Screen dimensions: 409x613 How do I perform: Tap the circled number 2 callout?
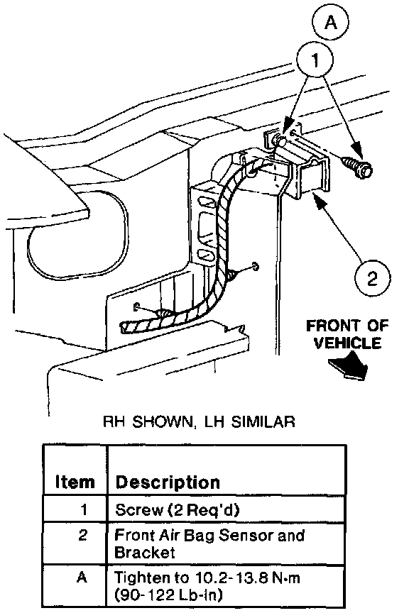[372, 278]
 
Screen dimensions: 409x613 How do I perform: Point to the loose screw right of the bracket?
[358, 167]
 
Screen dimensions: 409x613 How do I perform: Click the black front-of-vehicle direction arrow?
[349, 365]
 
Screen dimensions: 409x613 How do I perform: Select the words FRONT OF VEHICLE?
[347, 334]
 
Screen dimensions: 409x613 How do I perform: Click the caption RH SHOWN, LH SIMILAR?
[198, 421]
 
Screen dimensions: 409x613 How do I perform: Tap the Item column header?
[75, 482]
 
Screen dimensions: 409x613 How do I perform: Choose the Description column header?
[168, 482]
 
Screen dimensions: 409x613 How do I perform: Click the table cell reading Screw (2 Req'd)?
[226, 509]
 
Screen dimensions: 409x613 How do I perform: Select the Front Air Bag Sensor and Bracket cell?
[226, 543]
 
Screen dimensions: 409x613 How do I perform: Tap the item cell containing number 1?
[75, 509]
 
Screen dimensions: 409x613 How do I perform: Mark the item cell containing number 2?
[75, 543]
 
